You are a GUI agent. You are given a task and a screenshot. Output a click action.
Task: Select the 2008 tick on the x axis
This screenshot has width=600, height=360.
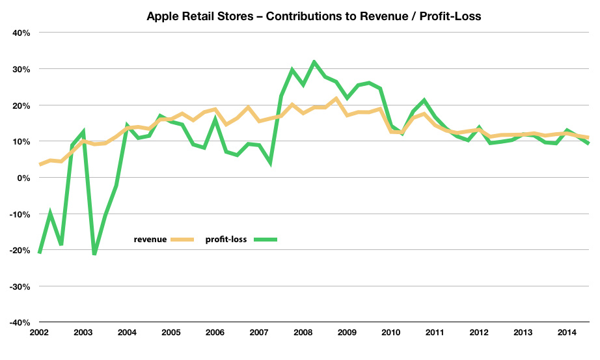[303, 333]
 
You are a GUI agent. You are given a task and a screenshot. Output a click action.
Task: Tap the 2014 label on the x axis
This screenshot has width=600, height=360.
[566, 333]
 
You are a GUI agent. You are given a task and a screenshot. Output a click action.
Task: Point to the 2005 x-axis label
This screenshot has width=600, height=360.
[171, 333]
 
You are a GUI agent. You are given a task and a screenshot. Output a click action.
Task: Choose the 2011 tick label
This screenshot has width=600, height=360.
[434, 333]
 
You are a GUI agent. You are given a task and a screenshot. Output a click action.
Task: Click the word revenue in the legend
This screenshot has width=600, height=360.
[150, 240]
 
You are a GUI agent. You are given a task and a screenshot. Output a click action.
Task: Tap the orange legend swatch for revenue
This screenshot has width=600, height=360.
[183, 240]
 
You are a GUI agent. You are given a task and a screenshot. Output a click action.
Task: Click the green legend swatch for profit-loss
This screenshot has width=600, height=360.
[262, 240]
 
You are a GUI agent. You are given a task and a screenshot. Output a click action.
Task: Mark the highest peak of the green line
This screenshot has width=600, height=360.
[314, 62]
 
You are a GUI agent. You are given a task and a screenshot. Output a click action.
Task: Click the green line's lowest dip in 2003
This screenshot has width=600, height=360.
[94, 254]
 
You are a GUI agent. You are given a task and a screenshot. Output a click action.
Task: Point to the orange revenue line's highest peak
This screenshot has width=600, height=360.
[335, 99]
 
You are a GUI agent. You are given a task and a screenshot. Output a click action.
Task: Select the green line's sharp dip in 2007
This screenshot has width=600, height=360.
[269, 163]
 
